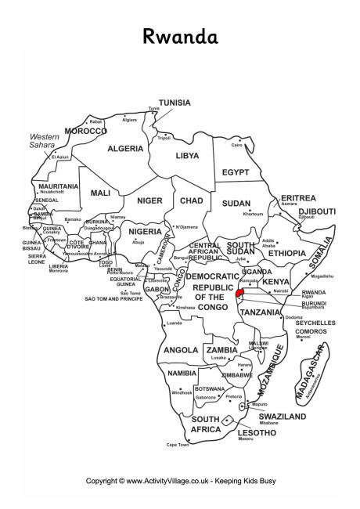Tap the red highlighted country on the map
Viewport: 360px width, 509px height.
point(239,294)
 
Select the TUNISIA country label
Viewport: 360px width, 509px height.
point(175,103)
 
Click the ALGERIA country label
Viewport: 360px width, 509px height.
point(125,149)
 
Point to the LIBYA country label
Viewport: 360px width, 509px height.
point(185,156)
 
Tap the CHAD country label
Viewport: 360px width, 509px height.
point(191,200)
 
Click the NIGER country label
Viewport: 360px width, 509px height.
point(149,200)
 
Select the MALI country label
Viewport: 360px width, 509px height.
point(100,193)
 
